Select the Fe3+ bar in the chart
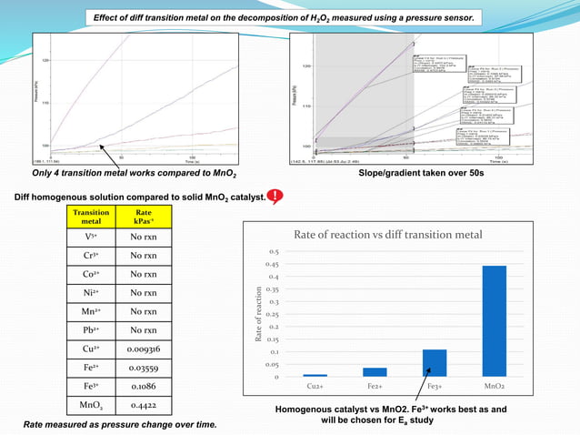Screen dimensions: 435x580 pyautogui.click(x=435, y=363)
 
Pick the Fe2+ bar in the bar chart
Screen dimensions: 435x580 pyautogui.click(x=375, y=371)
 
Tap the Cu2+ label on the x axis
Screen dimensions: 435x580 pyautogui.click(x=315, y=387)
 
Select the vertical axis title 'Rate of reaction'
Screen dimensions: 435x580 pyautogui.click(x=259, y=315)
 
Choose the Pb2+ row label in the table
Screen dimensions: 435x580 pyautogui.click(x=92, y=329)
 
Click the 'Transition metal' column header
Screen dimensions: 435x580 pyautogui.click(x=92, y=216)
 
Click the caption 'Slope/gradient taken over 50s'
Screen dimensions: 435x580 pyautogui.click(x=421, y=172)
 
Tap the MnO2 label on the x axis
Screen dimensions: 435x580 pyautogui.click(x=494, y=387)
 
